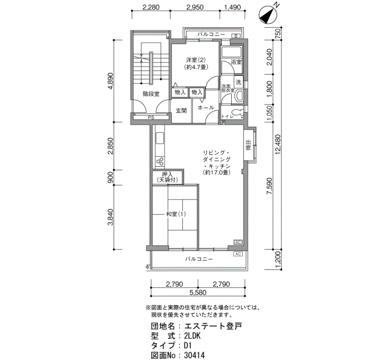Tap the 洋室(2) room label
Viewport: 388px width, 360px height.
tap(196, 60)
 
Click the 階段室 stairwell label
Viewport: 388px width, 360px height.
tap(150, 94)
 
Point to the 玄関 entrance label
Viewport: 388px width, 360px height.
tap(181, 110)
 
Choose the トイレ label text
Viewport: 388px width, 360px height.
tap(227, 117)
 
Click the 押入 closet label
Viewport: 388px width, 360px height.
tap(167, 174)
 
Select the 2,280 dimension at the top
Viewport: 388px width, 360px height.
tap(151, 8)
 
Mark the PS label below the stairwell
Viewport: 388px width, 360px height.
tap(151, 117)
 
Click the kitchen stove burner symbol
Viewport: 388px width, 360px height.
tap(160, 162)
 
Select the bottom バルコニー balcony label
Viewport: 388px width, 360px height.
tap(198, 259)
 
